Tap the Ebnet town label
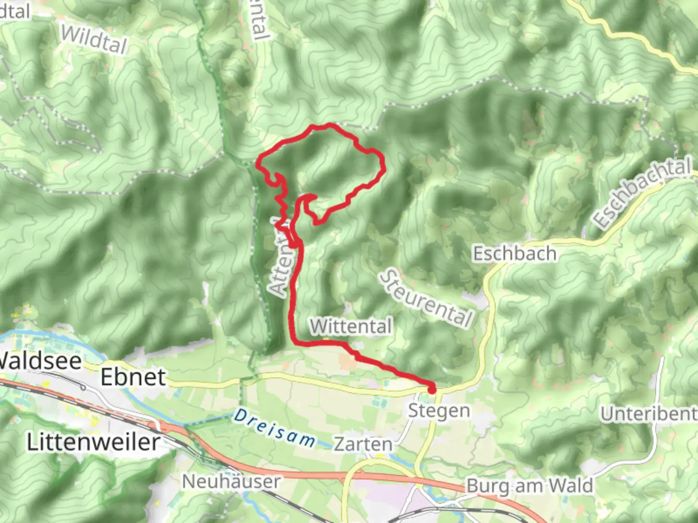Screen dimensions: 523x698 [x=133, y=377]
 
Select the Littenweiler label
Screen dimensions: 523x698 [x=93, y=442]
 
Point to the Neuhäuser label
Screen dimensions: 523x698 [x=231, y=481]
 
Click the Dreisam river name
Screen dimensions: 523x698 [x=274, y=428]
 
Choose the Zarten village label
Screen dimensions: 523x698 [x=363, y=444]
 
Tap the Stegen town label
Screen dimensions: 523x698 [x=439, y=411]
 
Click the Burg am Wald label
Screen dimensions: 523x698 [x=529, y=485]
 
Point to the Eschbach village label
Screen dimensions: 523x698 [x=514, y=254]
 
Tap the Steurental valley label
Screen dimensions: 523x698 [x=426, y=299]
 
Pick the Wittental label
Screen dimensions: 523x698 [x=351, y=326]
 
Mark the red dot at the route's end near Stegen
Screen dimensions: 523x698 [x=431, y=388]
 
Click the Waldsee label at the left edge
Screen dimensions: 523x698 [x=40, y=361]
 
